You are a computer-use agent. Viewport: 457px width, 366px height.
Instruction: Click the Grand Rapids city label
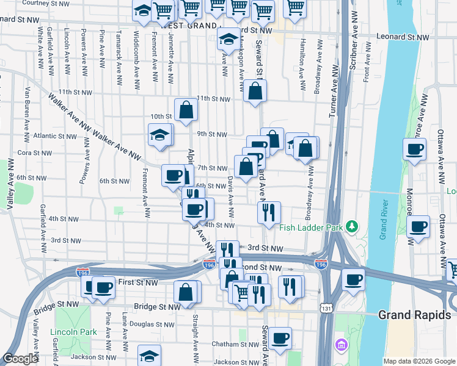point(417,315)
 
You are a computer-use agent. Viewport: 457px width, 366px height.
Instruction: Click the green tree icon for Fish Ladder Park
point(351,227)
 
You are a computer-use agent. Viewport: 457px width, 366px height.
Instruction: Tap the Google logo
point(20,359)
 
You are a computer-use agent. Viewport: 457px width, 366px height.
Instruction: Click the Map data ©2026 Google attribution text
point(419,361)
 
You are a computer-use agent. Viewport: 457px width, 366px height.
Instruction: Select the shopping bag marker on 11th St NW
point(255,91)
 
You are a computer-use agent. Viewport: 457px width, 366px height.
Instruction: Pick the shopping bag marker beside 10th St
point(186,110)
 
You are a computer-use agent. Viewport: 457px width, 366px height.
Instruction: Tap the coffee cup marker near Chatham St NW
point(280,338)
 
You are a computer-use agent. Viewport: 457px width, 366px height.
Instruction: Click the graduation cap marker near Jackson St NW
point(149,355)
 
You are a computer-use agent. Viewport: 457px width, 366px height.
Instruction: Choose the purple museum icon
point(340,346)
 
